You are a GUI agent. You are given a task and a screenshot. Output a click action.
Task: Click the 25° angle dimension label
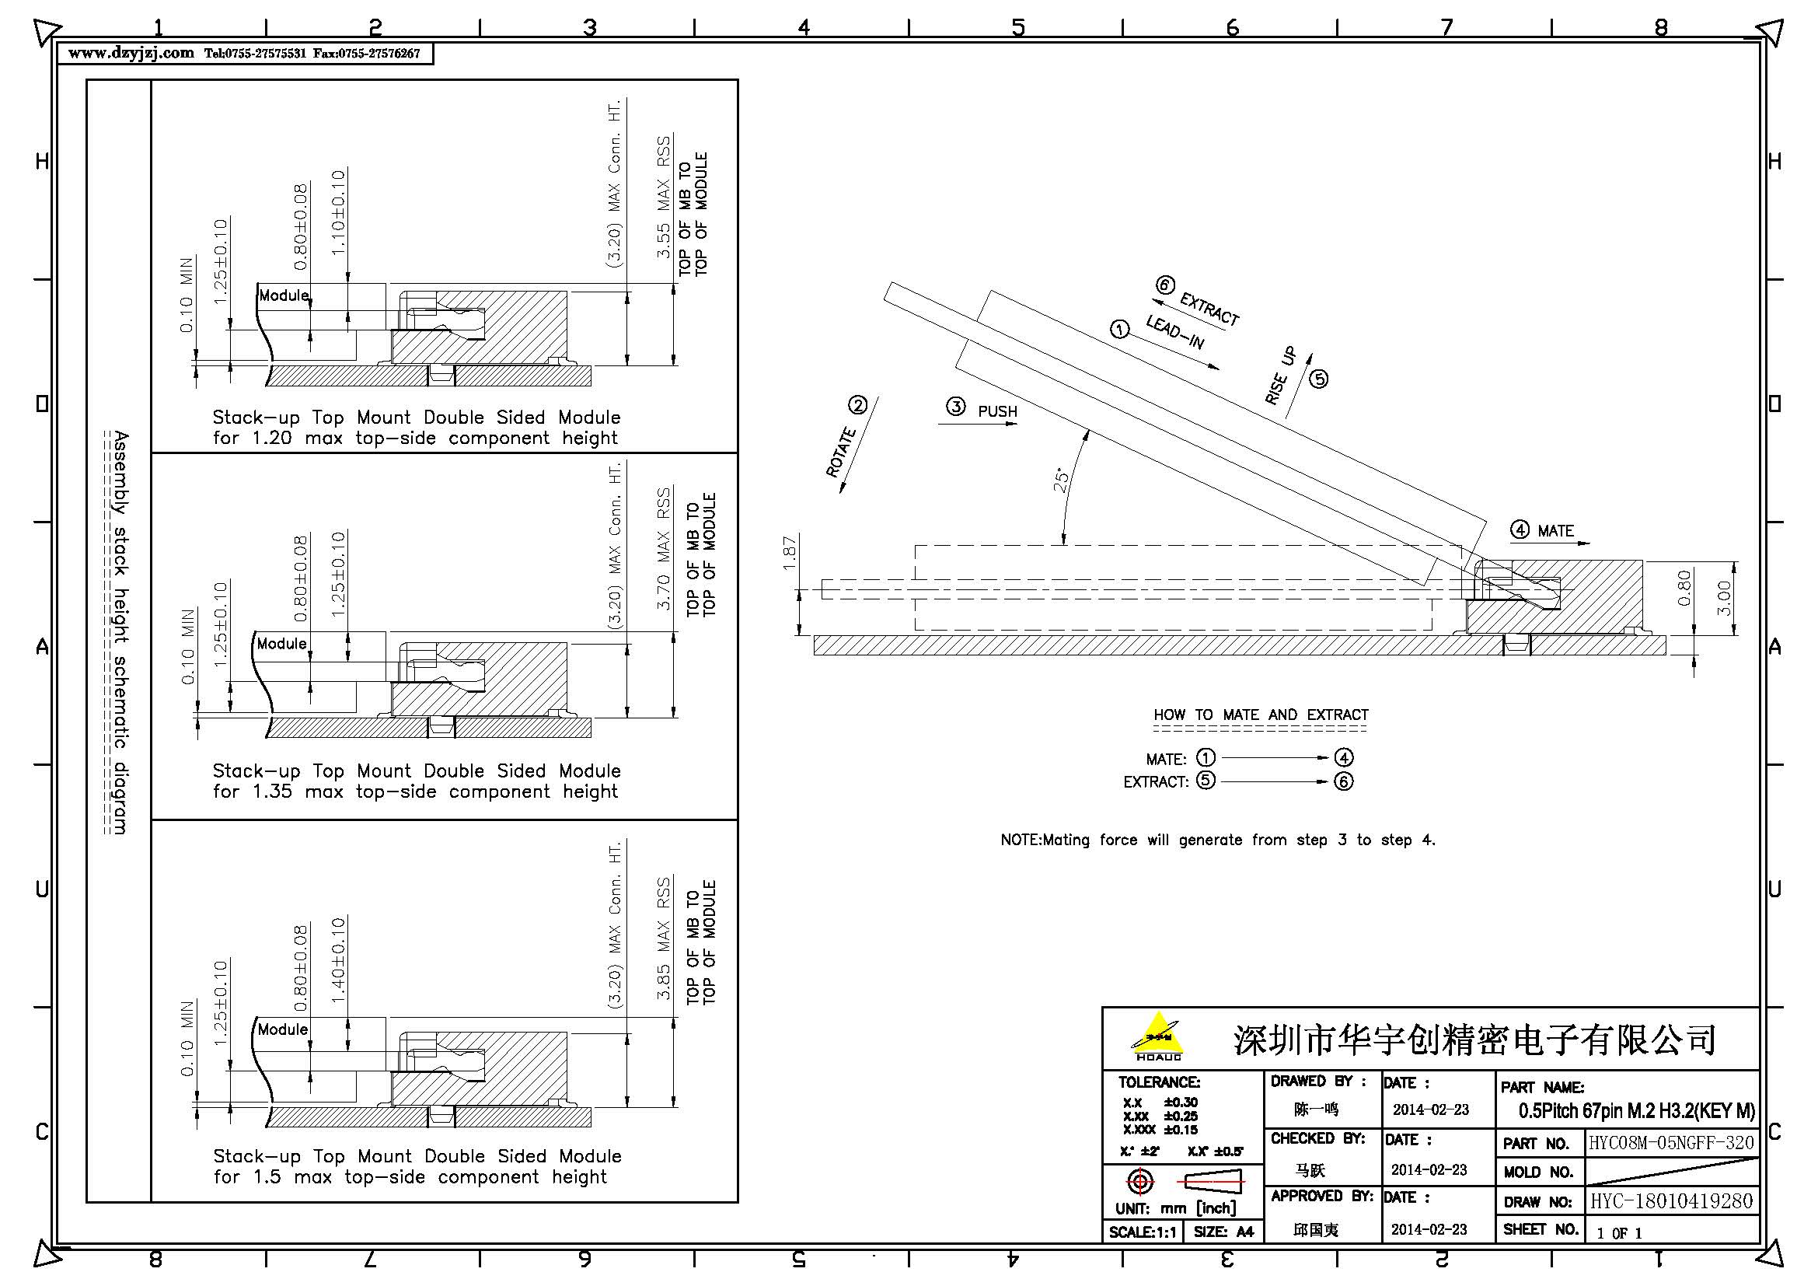(x=1061, y=480)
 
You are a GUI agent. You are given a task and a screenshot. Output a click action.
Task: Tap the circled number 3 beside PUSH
(x=956, y=407)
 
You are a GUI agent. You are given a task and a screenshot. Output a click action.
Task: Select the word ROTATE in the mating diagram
(x=842, y=453)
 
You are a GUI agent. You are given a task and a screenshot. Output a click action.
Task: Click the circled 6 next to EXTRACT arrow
(x=1165, y=285)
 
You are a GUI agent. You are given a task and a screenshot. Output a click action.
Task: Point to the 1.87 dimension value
(x=789, y=553)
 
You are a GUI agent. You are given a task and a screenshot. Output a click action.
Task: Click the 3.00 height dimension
(x=1724, y=598)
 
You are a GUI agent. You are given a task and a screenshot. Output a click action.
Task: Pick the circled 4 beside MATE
(x=1520, y=529)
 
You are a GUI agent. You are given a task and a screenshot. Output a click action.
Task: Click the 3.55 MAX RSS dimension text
(x=664, y=197)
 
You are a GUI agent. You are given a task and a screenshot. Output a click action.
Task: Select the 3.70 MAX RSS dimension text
(x=664, y=549)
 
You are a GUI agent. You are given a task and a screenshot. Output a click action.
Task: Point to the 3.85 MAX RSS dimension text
(x=664, y=938)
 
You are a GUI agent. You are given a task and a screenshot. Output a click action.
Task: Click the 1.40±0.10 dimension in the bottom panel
(x=338, y=959)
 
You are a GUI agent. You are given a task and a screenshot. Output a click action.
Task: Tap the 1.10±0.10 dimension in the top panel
(x=338, y=212)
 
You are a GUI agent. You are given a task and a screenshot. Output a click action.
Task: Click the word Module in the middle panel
(x=282, y=644)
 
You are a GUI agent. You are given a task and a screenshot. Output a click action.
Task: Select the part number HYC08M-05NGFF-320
(x=1671, y=1143)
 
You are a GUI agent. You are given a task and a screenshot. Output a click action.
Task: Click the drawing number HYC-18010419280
(x=1671, y=1201)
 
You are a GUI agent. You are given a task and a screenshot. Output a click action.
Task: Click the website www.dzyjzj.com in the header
(x=131, y=53)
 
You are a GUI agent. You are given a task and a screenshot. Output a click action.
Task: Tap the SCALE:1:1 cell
(x=1143, y=1232)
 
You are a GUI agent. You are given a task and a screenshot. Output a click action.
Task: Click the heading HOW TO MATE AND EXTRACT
(x=1261, y=715)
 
